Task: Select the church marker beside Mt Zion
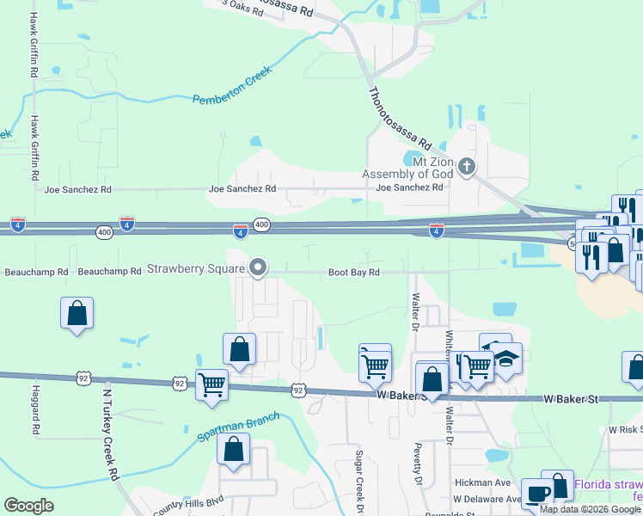466,167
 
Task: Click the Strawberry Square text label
196,268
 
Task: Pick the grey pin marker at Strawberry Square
258,268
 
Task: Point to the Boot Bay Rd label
353,273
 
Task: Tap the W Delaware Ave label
487,499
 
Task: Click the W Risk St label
625,428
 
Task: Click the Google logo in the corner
29,505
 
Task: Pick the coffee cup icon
537,494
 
